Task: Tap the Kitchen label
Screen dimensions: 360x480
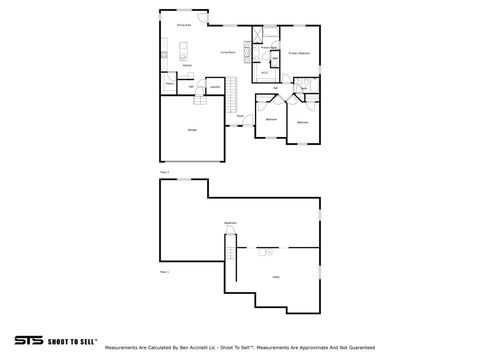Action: [x=187, y=66]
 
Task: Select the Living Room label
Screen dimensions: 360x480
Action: [x=228, y=51]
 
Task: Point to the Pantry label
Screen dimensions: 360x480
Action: [x=170, y=84]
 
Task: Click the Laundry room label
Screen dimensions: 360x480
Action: [x=215, y=87]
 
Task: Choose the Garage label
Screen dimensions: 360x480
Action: [x=192, y=130]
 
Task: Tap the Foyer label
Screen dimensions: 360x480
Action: [x=239, y=115]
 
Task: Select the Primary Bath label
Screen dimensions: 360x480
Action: [x=268, y=47]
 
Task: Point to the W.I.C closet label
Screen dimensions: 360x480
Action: [x=265, y=72]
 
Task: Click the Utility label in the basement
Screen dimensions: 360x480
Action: [x=276, y=276]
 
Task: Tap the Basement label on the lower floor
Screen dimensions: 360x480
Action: [x=230, y=223]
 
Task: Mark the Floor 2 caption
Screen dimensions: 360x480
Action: [x=165, y=172]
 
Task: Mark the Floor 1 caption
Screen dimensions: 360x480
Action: [x=165, y=271]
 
